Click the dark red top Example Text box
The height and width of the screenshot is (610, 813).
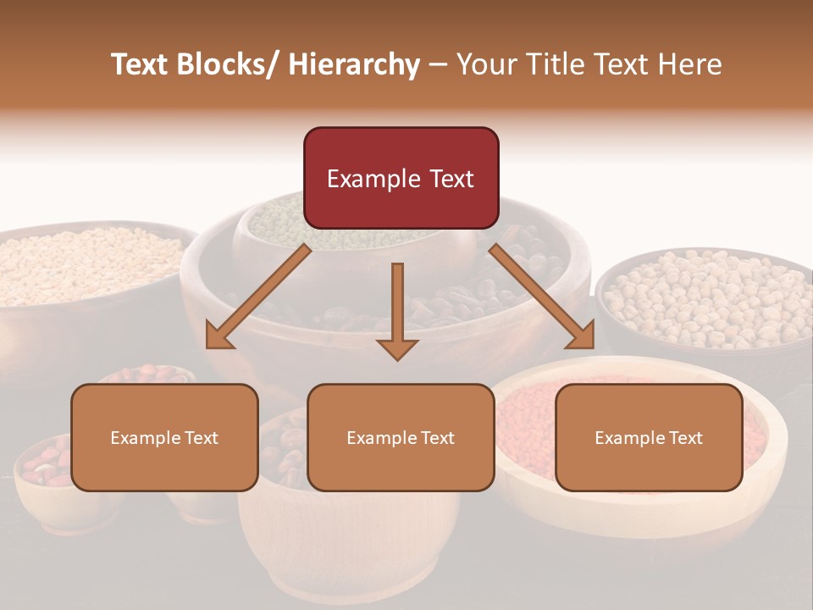(x=401, y=178)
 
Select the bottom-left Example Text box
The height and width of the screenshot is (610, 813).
(x=164, y=437)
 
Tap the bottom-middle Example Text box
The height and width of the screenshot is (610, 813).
(x=401, y=437)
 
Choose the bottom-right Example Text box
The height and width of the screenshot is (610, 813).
(x=649, y=437)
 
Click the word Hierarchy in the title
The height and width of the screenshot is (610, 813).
(x=354, y=64)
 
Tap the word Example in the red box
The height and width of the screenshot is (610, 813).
(x=373, y=179)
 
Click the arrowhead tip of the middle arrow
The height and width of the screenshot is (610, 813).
(x=397, y=358)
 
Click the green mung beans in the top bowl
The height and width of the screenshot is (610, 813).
(x=279, y=212)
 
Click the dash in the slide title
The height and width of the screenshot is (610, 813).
(x=437, y=65)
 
